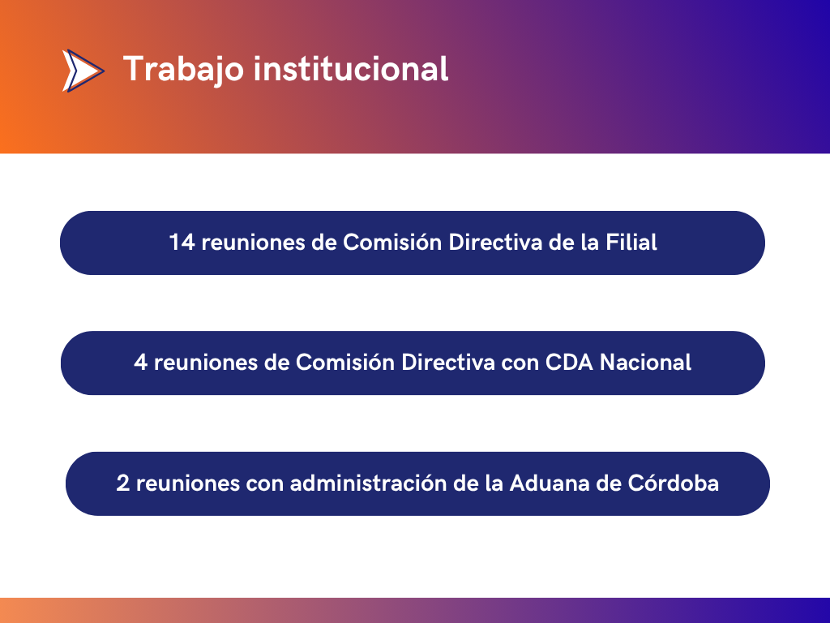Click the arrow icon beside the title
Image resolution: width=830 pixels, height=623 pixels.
(83, 71)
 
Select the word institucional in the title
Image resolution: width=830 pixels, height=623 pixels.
(351, 69)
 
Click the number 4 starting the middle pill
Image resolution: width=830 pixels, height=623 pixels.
(140, 363)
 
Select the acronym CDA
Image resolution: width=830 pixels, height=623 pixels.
(569, 363)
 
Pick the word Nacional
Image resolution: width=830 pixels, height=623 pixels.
(645, 363)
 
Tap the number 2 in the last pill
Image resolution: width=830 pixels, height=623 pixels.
(123, 483)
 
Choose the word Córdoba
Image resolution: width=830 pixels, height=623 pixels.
(674, 483)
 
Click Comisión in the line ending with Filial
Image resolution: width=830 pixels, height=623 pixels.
(392, 242)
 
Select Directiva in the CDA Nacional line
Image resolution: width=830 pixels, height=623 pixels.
(447, 363)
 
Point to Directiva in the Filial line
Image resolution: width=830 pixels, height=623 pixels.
(495, 242)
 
